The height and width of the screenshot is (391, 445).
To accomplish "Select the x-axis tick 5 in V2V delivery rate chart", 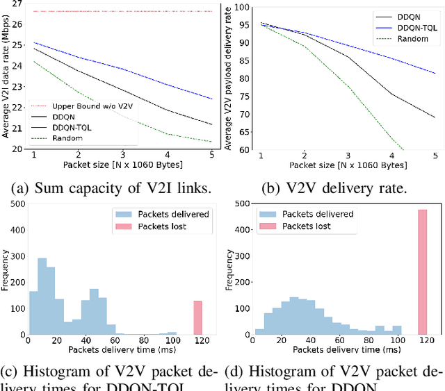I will (x=435, y=156).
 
